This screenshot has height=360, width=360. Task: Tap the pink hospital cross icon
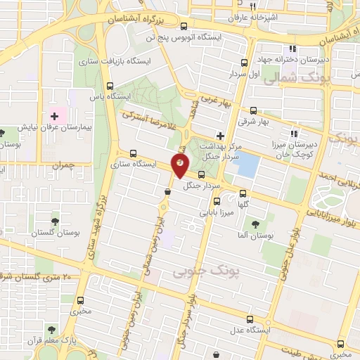pyautogui.click(x=54, y=115)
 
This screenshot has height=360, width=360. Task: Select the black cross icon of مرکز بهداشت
pyautogui.click(x=221, y=135)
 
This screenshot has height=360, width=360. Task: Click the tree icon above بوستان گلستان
pyautogui.click(x=55, y=221)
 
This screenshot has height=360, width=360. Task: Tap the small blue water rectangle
pyautogui.click(x=247, y=166)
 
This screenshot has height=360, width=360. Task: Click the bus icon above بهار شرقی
pyautogui.click(x=254, y=110)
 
